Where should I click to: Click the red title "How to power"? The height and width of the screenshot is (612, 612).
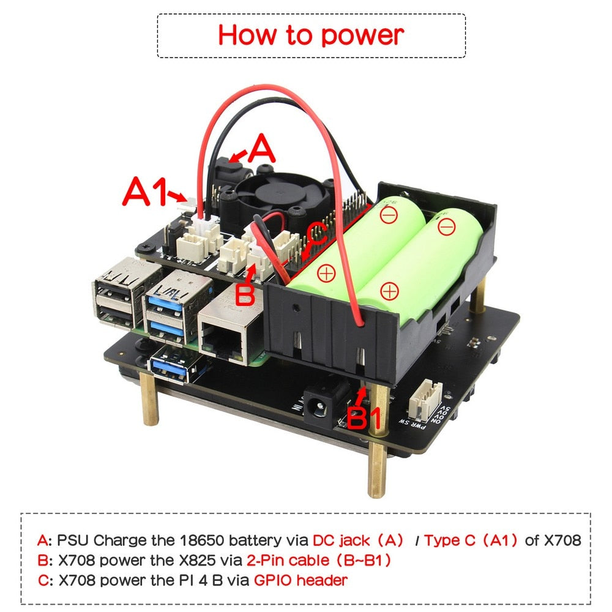tap(311, 35)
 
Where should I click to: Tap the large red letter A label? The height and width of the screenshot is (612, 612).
tap(261, 149)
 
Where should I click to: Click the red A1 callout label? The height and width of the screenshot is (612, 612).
tap(145, 192)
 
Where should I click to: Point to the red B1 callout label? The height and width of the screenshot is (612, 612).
tap(364, 419)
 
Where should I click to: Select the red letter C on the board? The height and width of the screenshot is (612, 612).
tap(317, 233)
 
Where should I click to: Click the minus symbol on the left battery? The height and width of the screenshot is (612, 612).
tap(387, 215)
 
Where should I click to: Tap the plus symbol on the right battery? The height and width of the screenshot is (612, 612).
tap(388, 291)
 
